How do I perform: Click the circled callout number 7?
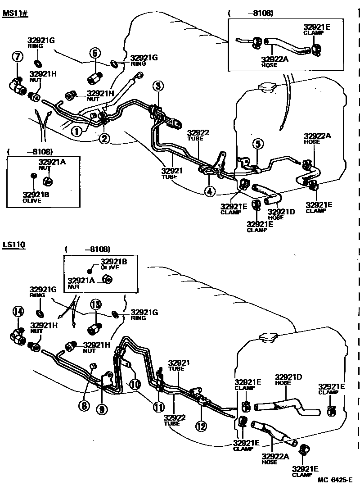[17, 57]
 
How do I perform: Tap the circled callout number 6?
[94, 53]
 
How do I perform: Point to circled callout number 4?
[209, 191]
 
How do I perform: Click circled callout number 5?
[257, 144]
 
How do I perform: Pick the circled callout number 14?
[18, 311]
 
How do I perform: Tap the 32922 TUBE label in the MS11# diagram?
[198, 135]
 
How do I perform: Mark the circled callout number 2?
[105, 138]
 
